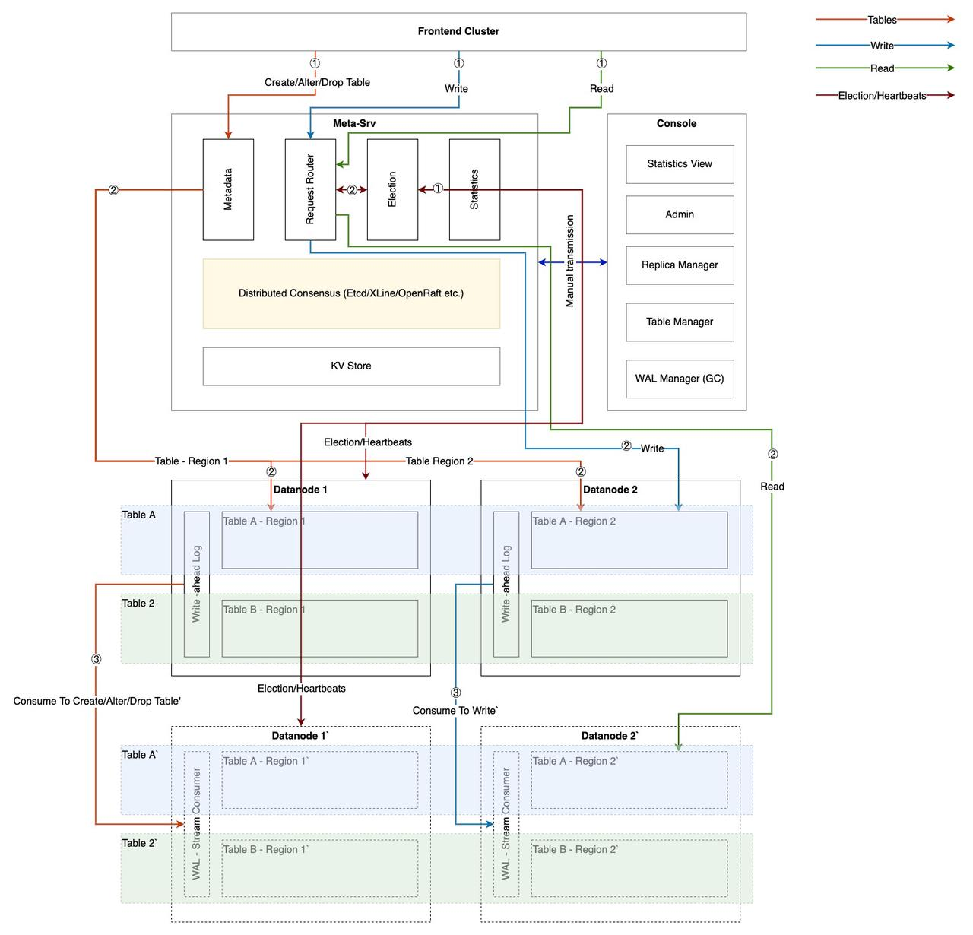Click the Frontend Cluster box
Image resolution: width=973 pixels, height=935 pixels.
tap(458, 31)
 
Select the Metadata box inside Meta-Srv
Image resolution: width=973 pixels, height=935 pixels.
tap(228, 189)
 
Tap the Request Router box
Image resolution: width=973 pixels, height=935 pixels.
tap(310, 189)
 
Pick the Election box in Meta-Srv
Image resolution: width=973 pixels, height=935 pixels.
tap(392, 189)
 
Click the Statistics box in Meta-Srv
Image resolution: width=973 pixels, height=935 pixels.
tap(474, 189)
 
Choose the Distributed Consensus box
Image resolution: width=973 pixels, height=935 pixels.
tap(350, 293)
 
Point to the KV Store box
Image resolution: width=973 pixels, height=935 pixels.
tap(350, 366)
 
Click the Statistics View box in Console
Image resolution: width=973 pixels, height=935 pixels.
tap(680, 164)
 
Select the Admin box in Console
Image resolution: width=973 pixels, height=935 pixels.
tap(680, 214)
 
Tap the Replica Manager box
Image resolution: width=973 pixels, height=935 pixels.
tap(680, 265)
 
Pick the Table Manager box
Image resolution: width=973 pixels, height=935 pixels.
tap(680, 322)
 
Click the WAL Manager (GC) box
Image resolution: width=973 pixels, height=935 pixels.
tap(680, 379)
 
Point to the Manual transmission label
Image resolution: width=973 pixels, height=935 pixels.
tap(570, 261)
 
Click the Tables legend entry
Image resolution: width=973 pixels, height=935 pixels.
tap(882, 20)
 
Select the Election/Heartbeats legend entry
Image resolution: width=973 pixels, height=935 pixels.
tap(882, 96)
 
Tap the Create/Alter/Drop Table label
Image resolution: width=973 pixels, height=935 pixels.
tap(317, 82)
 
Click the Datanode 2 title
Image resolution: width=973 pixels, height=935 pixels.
tap(610, 490)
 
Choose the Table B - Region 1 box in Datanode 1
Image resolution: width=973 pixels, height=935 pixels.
tap(319, 629)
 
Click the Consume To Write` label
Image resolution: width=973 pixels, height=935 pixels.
tap(455, 711)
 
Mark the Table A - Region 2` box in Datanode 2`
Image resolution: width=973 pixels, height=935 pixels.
tap(629, 780)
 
